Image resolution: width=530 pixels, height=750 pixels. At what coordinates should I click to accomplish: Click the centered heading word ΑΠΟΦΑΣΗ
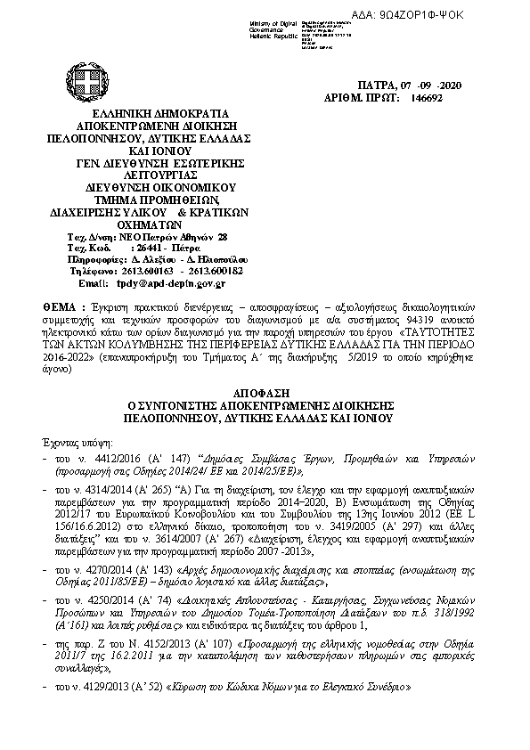click(x=264, y=392)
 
